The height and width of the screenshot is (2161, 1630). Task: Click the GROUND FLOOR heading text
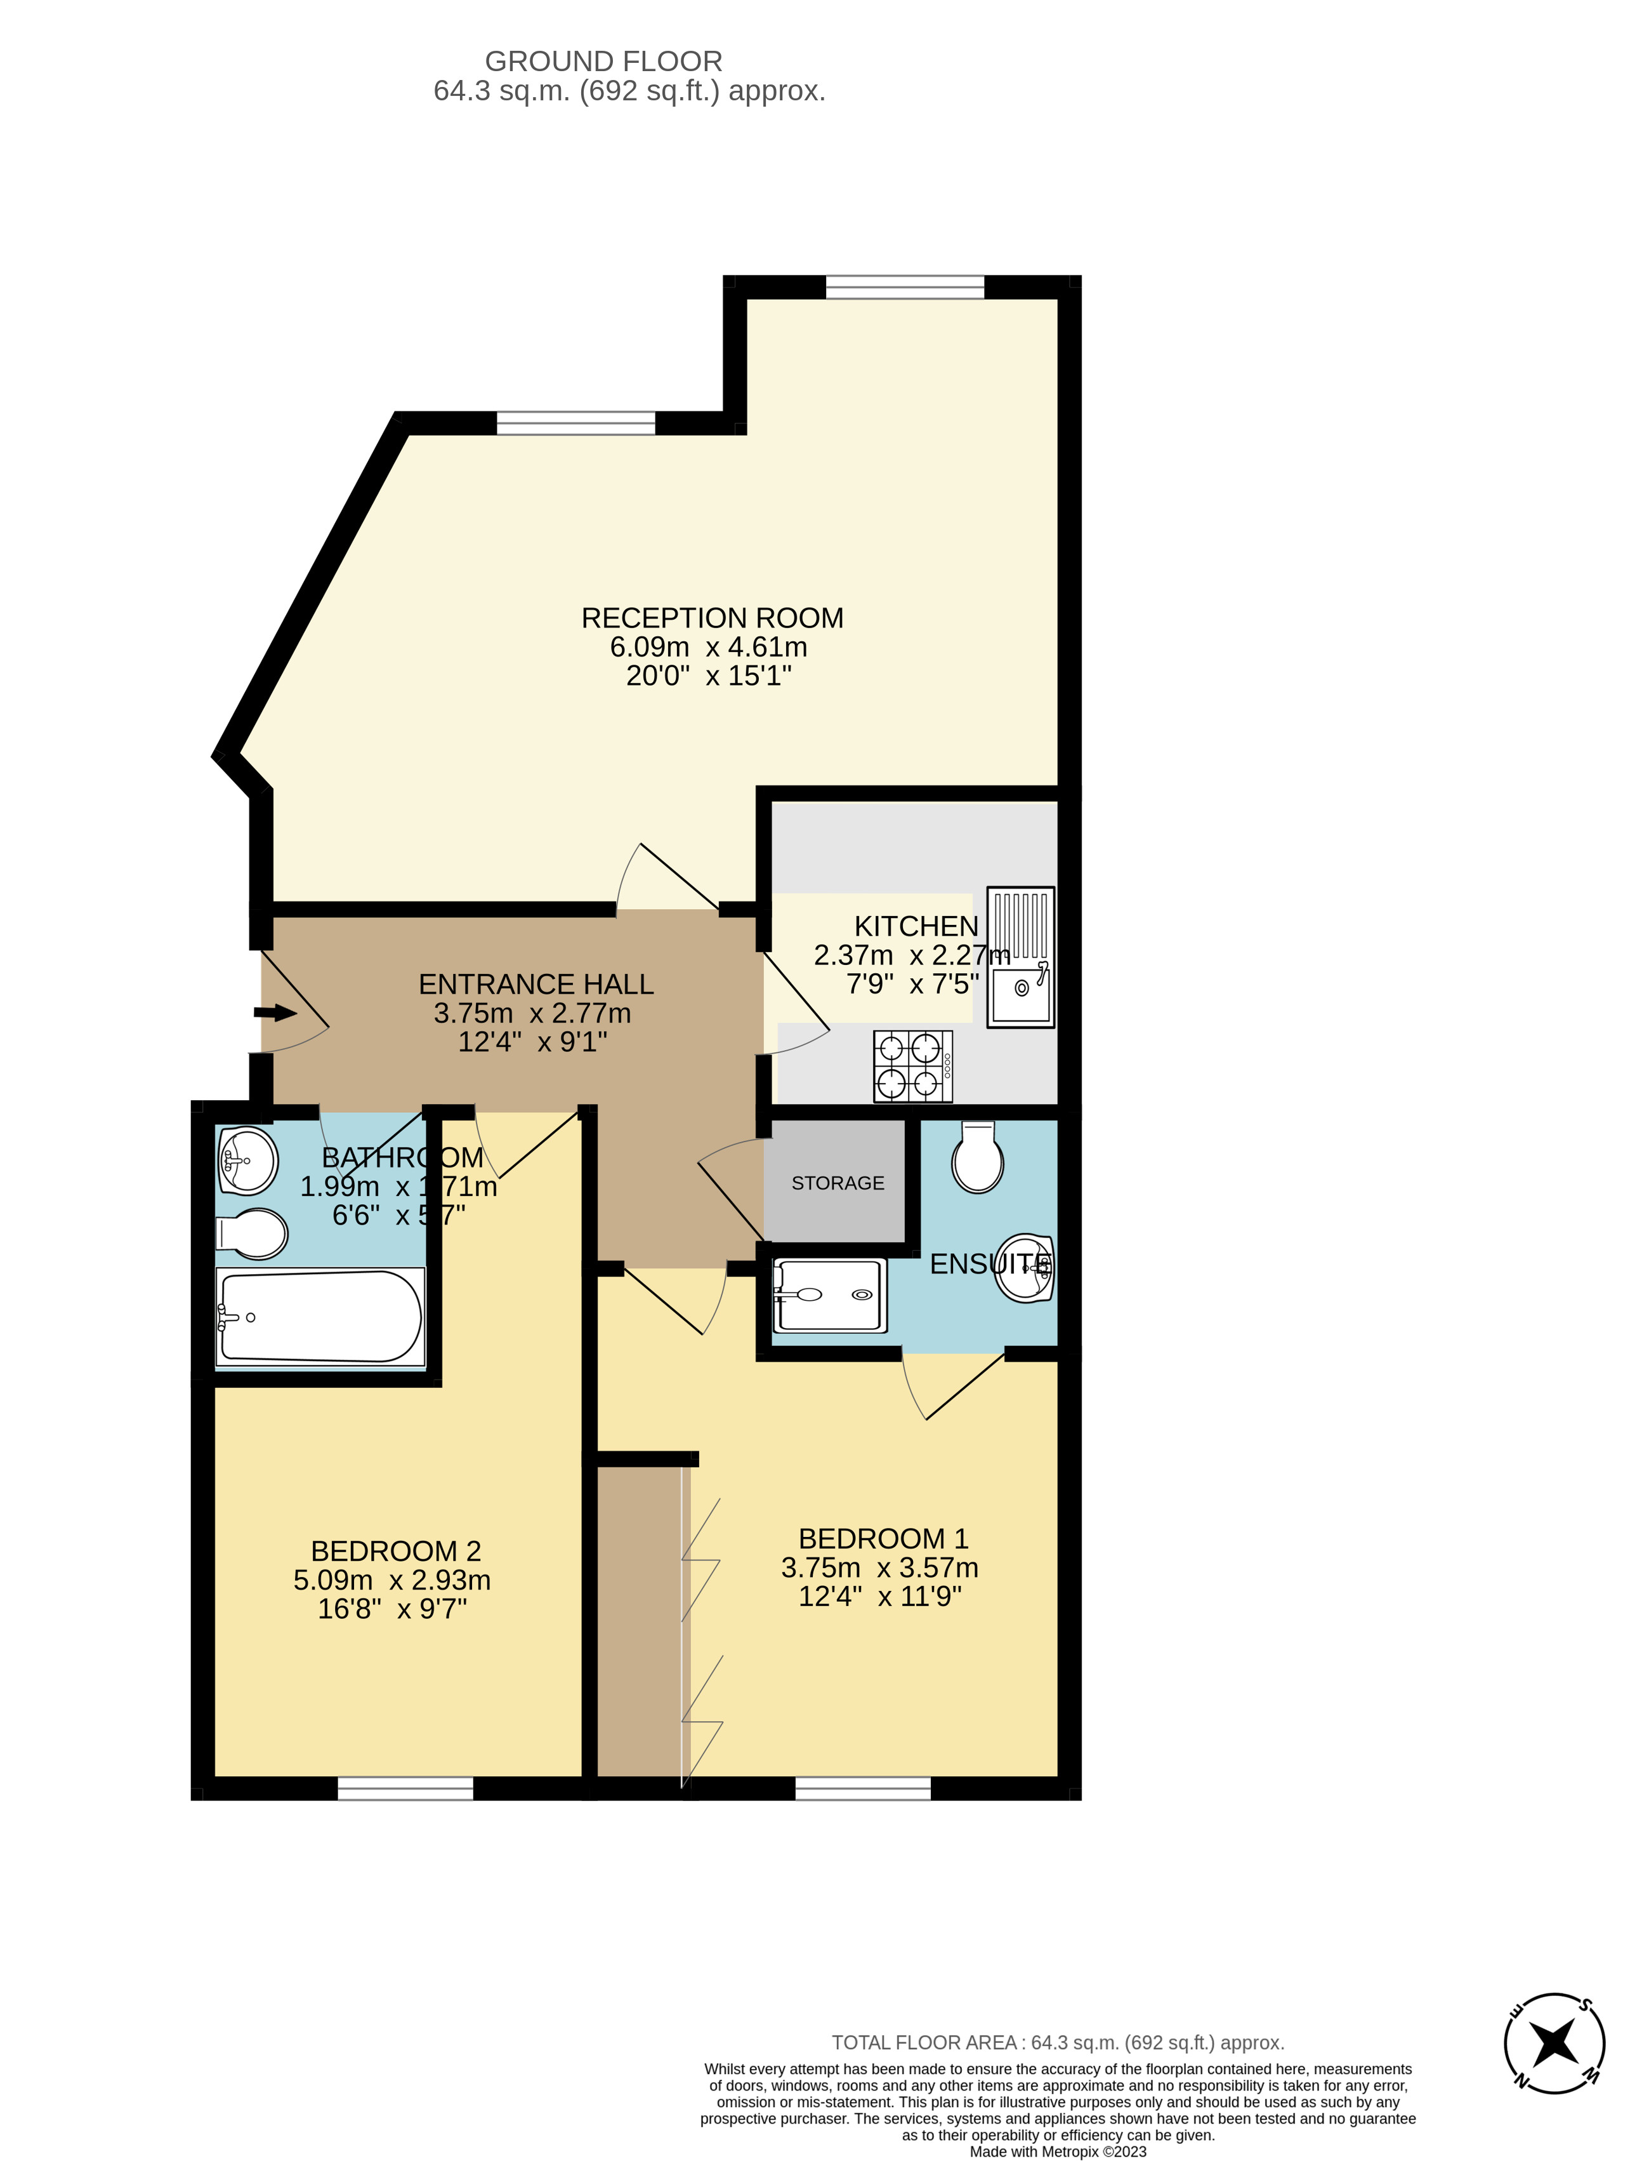coord(603,62)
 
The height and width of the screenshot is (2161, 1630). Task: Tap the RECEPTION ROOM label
coord(712,618)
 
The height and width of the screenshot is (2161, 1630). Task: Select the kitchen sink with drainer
coord(1021,957)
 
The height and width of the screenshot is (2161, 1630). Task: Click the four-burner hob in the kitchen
coord(912,1066)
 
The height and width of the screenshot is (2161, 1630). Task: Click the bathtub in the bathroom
coord(320,1316)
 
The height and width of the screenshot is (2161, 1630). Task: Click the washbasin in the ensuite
coord(1025,1267)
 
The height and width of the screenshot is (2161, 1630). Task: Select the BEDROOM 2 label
coord(395,1552)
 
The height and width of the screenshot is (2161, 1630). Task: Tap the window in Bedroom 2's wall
coord(405,1789)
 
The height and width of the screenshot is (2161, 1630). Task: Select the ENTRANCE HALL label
coord(536,984)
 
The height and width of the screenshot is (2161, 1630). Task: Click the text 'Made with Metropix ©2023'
coord(1058,2151)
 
